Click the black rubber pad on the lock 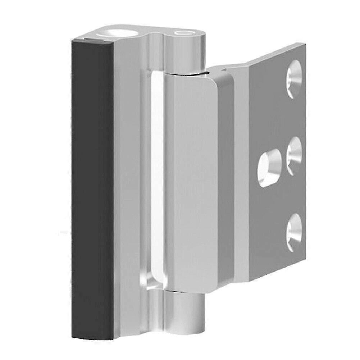pos(92,187)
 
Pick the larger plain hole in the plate pos(269,168)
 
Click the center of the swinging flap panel pos(194,180)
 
